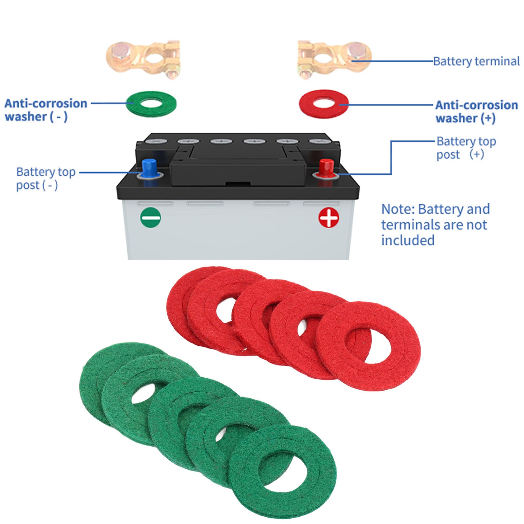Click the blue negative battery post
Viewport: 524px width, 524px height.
[x=149, y=168]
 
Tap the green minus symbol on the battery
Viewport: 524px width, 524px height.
[x=151, y=217]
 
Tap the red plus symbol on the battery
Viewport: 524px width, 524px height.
[x=329, y=218]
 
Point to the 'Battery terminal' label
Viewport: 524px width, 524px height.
[x=476, y=61]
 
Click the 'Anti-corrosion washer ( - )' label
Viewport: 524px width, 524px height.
[x=46, y=110]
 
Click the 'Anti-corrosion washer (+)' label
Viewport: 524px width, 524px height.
[x=477, y=111]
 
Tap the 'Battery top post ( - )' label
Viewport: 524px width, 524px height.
[x=46, y=178]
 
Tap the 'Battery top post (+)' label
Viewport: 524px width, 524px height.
[x=466, y=148]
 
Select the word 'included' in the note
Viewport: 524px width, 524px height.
[x=408, y=240]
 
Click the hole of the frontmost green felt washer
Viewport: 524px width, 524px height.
[x=283, y=472]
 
